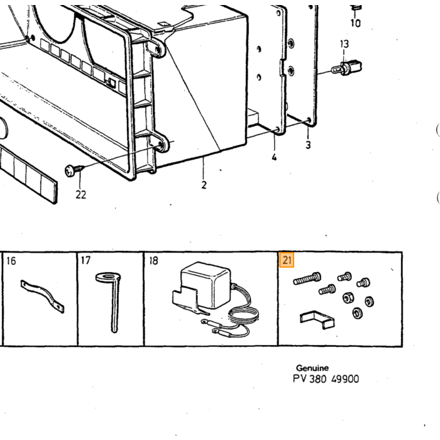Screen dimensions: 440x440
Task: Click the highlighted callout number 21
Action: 287,260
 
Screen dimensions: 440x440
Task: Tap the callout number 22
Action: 81,194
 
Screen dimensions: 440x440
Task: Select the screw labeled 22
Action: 75,170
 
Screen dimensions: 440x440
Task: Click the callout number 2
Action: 204,185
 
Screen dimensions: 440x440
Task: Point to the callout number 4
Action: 274,157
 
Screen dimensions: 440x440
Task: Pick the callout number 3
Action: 308,145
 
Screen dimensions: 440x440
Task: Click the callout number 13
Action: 344,44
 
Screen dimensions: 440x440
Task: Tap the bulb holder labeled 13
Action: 347,68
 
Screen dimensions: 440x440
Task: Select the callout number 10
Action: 356,23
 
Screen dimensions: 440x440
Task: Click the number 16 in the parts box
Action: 11,261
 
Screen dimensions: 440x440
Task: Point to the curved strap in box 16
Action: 42,296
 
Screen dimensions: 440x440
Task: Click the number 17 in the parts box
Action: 85,260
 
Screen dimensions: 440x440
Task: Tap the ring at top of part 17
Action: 108,278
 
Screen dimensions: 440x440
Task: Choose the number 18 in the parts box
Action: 153,261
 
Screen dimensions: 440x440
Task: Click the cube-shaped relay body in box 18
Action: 206,284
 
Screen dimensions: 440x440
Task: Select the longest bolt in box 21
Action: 307,278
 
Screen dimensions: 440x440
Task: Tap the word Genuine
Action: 312,368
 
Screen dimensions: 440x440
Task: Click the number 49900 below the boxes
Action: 345,379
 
